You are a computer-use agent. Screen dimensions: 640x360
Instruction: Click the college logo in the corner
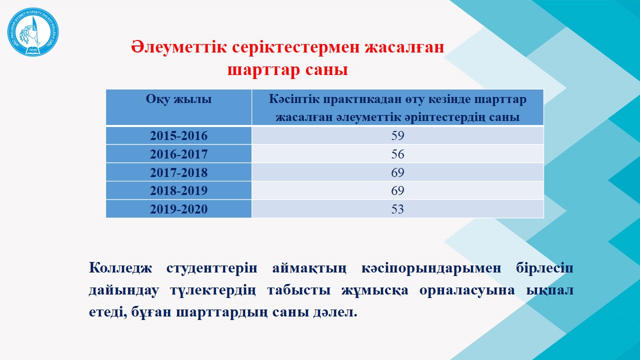tap(33, 31)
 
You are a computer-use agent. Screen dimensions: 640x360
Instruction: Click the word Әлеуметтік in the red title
tap(179, 47)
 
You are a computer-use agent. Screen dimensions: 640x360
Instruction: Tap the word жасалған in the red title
tap(404, 47)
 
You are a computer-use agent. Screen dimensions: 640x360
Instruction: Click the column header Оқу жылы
tap(179, 99)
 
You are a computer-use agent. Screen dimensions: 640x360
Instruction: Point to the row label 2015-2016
tap(179, 135)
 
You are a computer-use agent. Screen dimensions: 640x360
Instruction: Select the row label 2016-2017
tap(179, 154)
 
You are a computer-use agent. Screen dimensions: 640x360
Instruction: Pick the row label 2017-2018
tap(179, 172)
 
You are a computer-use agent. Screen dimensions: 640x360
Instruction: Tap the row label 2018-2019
tap(179, 190)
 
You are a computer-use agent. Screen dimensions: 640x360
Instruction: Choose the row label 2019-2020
tap(179, 209)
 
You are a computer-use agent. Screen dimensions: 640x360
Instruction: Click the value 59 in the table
tap(397, 135)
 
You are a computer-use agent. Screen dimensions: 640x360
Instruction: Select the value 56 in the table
tap(397, 154)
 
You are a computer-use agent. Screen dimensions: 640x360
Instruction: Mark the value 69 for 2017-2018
tap(397, 172)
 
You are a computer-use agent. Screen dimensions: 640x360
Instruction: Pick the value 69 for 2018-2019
tap(397, 190)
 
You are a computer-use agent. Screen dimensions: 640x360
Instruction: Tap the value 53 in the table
tap(397, 209)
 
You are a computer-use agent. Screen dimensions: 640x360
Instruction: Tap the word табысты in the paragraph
tap(299, 290)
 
